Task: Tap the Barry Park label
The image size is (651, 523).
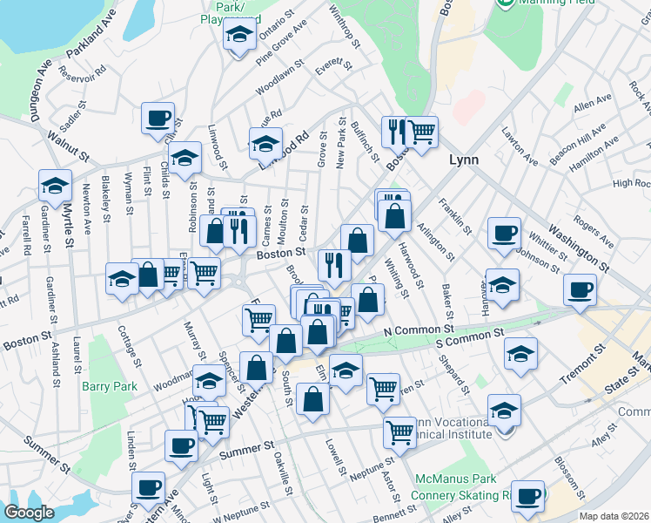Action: (x=110, y=385)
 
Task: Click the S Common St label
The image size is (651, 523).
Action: (x=469, y=335)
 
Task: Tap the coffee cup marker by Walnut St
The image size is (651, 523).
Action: (x=158, y=119)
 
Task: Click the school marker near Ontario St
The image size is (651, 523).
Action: (x=237, y=36)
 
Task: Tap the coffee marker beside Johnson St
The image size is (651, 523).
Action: (x=505, y=233)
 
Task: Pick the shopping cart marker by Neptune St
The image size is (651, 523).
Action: (x=399, y=431)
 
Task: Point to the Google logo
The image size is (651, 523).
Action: (x=29, y=513)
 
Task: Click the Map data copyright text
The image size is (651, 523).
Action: (x=614, y=516)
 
